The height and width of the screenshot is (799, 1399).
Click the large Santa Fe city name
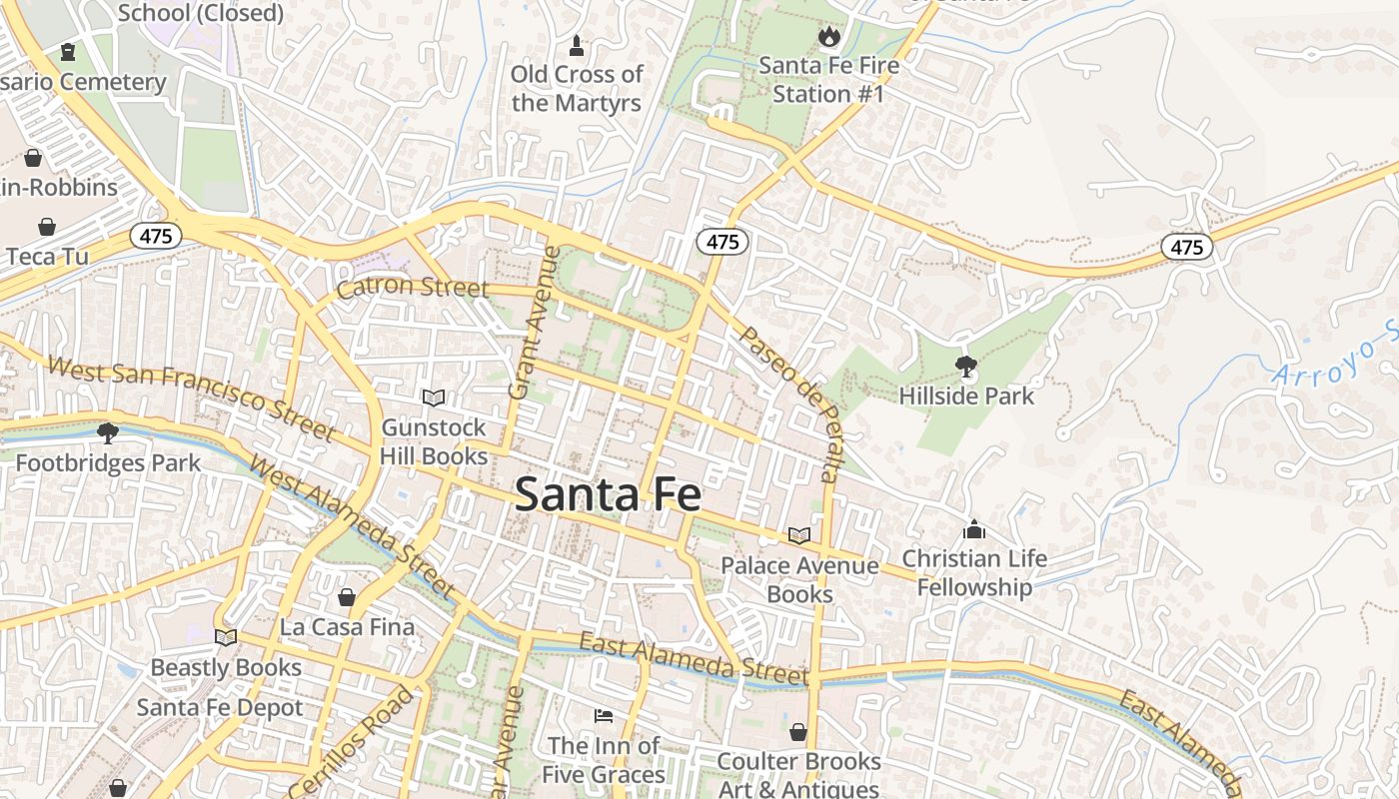click(x=608, y=494)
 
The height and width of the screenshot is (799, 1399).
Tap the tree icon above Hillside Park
click(x=965, y=367)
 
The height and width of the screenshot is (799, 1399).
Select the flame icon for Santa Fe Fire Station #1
click(x=828, y=38)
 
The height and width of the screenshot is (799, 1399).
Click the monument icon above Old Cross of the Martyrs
click(x=576, y=45)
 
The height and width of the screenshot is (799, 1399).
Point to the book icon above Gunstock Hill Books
click(x=433, y=399)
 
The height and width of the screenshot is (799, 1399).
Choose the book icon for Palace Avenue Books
click(x=798, y=536)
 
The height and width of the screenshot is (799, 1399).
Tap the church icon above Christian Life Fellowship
click(x=973, y=529)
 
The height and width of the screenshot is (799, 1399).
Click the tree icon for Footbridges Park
click(x=107, y=433)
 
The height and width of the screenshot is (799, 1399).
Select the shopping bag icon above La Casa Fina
click(x=347, y=597)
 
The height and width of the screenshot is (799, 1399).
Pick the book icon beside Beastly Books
click(x=226, y=637)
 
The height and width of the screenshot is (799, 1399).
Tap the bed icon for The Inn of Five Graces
click(x=604, y=715)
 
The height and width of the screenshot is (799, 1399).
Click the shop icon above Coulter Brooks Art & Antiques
click(x=798, y=732)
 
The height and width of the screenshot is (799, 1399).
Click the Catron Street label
click(x=413, y=289)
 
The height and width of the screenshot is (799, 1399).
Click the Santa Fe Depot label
click(x=220, y=708)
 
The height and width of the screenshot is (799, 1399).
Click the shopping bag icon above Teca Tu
click(x=46, y=228)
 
